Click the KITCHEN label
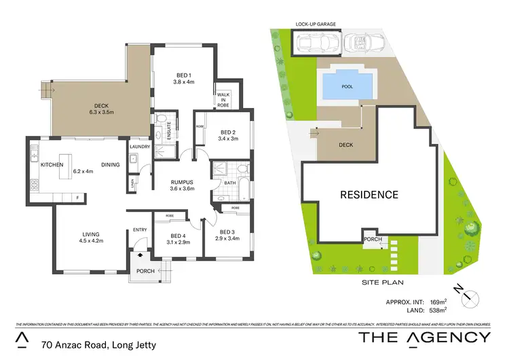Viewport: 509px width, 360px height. (52, 165)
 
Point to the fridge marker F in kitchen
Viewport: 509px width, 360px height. (77, 198)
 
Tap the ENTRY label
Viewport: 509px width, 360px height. (140, 230)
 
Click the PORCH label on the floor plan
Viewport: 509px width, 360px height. (146, 271)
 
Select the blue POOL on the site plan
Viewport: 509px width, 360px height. (347, 86)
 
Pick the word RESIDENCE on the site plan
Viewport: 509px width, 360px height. (369, 195)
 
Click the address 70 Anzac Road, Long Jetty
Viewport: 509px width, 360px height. (98, 345)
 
